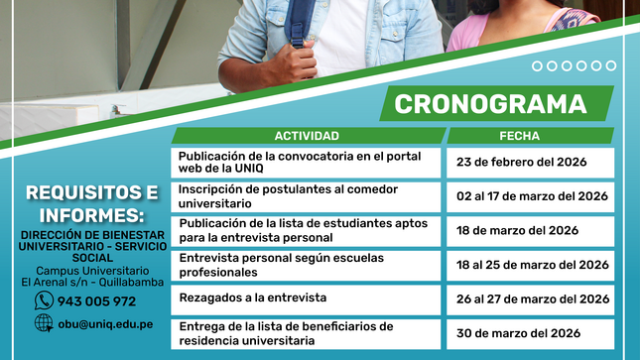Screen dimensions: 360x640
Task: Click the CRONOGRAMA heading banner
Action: tap(490, 104)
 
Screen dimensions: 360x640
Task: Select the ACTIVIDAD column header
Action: tap(307, 136)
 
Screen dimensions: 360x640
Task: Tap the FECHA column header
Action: tap(531, 136)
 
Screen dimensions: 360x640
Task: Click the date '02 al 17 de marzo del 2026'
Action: tap(532, 196)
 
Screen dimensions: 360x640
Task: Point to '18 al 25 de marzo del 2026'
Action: tap(532, 265)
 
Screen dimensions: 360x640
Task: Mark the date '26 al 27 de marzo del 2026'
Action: tap(532, 299)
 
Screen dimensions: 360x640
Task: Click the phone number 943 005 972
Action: tap(96, 301)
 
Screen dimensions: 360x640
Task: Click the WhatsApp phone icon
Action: tap(44, 300)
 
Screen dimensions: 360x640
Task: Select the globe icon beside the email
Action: tap(44, 323)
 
